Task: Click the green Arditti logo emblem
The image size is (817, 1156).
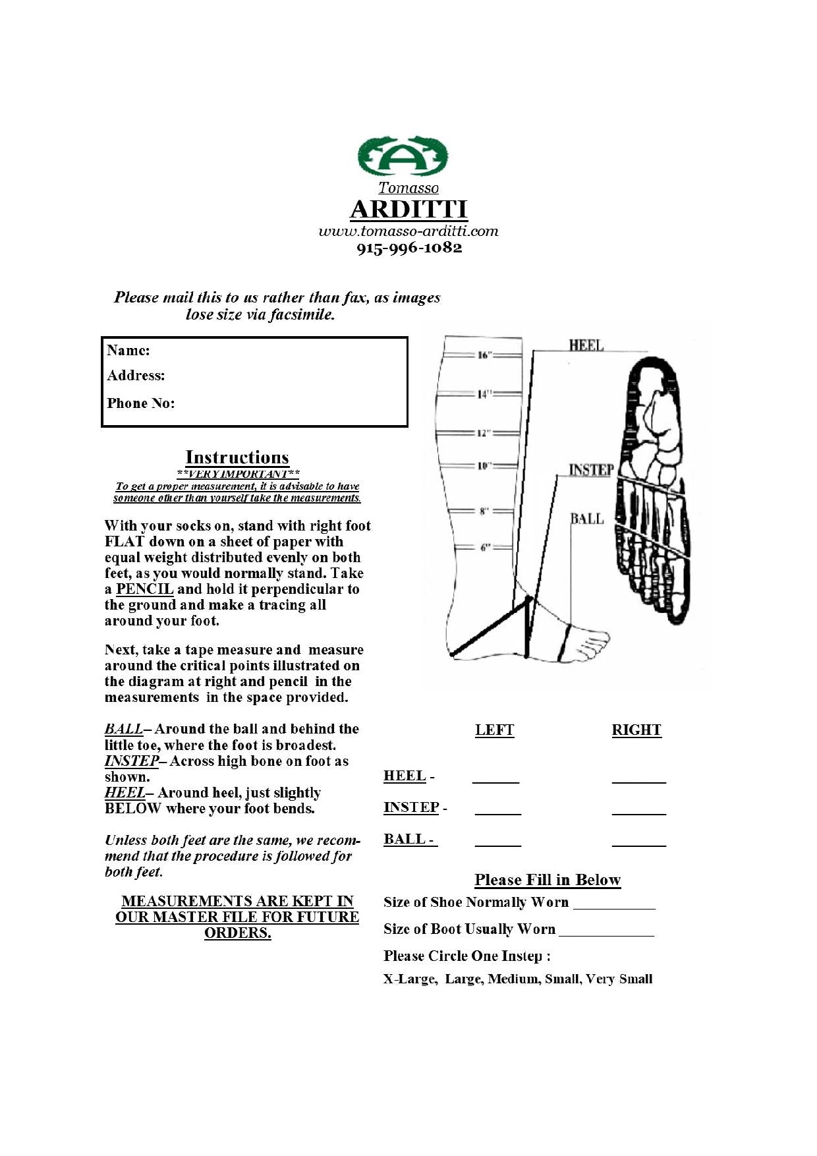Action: click(x=403, y=156)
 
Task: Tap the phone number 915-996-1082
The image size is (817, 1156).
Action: click(x=409, y=248)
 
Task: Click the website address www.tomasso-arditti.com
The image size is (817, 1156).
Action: click(x=408, y=231)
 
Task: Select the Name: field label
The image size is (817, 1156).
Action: click(x=128, y=350)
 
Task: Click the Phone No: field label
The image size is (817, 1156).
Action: click(x=141, y=403)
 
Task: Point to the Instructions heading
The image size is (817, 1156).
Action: click(x=237, y=457)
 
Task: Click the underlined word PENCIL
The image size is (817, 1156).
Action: click(x=144, y=589)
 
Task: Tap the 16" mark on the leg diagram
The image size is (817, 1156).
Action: click(x=485, y=355)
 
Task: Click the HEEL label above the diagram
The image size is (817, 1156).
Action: click(x=586, y=345)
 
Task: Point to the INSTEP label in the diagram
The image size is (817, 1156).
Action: click(x=591, y=470)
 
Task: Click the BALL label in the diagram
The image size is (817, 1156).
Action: click(x=587, y=519)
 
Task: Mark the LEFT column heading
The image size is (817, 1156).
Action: click(x=494, y=730)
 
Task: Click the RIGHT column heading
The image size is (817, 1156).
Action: click(x=636, y=730)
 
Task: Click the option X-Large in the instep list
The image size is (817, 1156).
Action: click(x=409, y=979)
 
